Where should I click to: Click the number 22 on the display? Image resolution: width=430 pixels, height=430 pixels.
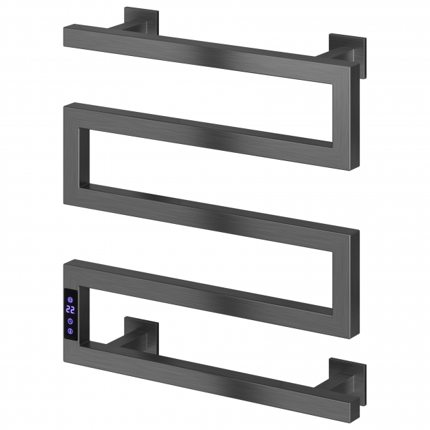tap(70, 310)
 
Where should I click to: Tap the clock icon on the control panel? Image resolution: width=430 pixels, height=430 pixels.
tap(70, 321)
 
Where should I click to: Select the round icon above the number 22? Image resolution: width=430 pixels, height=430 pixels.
tap(70, 300)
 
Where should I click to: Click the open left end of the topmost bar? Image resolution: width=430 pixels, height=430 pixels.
tap(65, 36)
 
